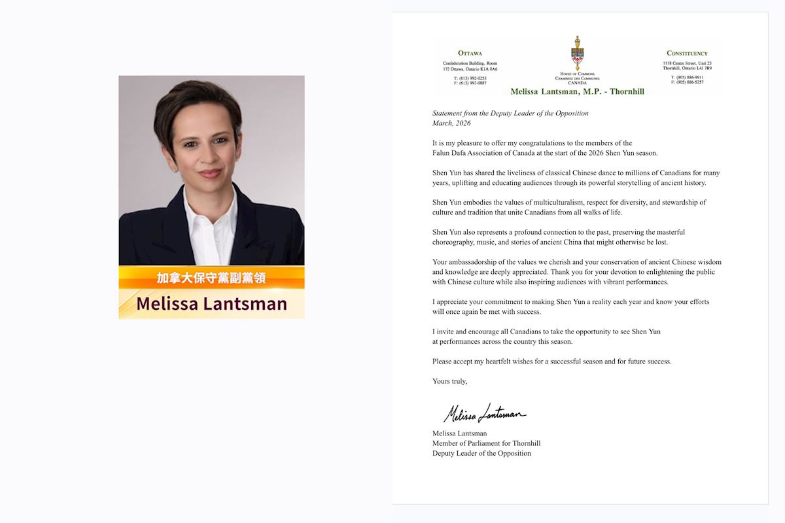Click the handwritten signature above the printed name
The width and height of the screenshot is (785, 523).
(x=484, y=413)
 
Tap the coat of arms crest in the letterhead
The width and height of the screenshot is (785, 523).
(x=577, y=54)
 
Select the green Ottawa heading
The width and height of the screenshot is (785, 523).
(x=470, y=53)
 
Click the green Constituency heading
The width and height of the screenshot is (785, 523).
(x=687, y=53)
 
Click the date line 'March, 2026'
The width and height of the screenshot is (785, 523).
(x=451, y=123)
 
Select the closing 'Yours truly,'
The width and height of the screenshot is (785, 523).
(x=450, y=381)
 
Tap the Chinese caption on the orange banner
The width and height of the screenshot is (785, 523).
(x=211, y=278)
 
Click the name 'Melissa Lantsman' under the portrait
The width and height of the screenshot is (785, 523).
(x=211, y=303)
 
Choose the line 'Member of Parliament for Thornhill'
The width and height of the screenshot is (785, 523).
(x=486, y=443)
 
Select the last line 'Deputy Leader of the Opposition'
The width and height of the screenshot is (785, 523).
(x=481, y=453)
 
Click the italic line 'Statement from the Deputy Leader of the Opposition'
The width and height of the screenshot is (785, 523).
(x=510, y=113)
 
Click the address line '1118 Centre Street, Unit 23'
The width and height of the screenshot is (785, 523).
(x=685, y=63)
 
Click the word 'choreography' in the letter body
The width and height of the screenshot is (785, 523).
(x=453, y=242)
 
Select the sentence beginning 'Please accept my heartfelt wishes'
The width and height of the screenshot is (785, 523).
(x=551, y=362)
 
